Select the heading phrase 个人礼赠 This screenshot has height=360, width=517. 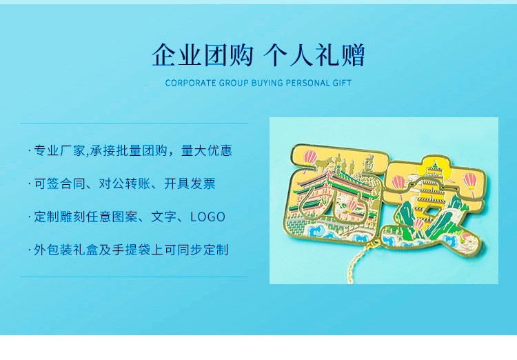[x=314, y=56]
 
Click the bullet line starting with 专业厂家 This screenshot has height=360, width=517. [x=133, y=151]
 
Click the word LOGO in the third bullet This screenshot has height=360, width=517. [x=207, y=217]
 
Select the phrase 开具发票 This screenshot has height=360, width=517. [x=190, y=183]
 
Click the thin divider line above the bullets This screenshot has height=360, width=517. [x=134, y=124]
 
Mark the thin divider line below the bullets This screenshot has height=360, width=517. [x=134, y=277]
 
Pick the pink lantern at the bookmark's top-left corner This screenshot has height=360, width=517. [x=310, y=157]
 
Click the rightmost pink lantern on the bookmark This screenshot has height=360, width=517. [x=470, y=181]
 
